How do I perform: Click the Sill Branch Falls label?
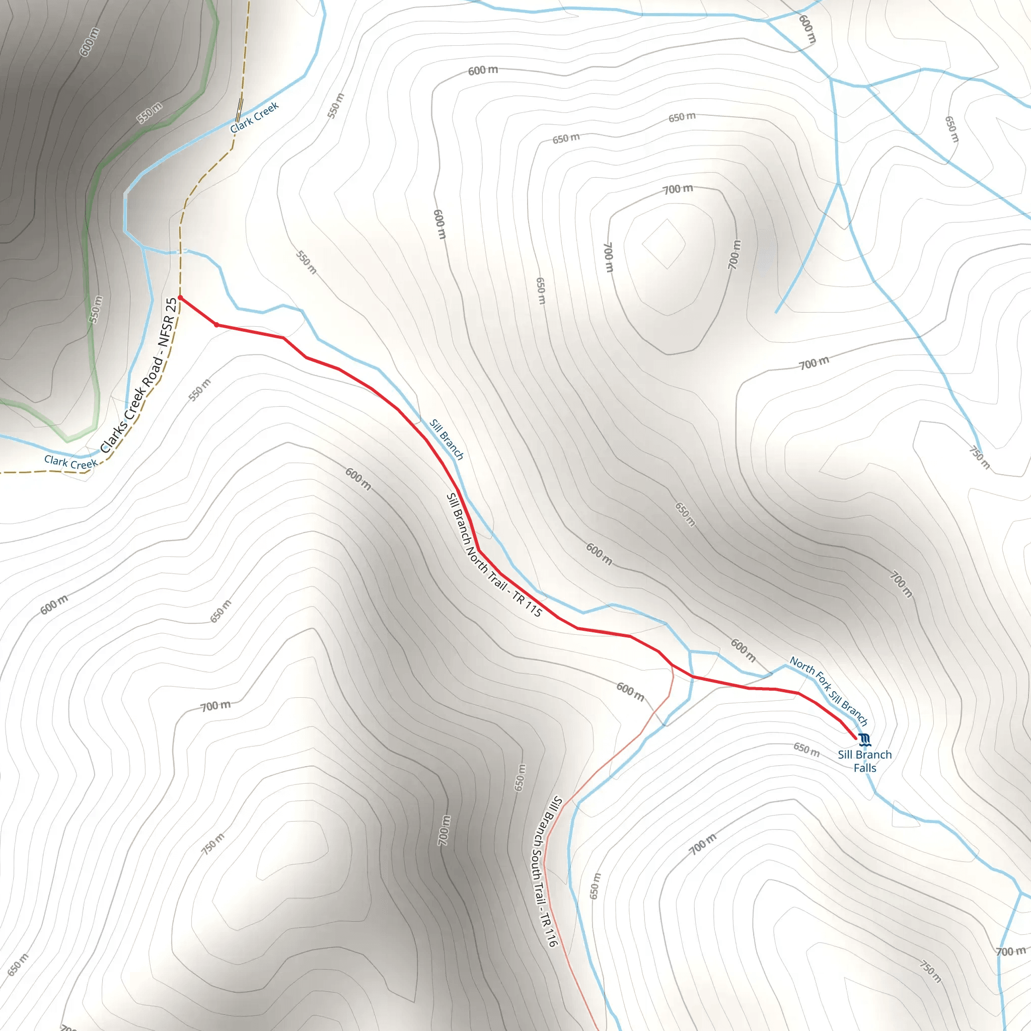864,761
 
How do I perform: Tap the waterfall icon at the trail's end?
865,739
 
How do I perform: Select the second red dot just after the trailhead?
216,325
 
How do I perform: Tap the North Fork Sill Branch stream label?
829,691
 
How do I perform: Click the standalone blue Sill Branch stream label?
447,439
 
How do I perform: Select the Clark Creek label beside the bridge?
254,117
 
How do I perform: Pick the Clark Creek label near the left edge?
70,462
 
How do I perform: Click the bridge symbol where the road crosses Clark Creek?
239,110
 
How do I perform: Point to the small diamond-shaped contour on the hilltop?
664,244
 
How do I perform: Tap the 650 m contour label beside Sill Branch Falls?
806,749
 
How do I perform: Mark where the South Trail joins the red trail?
672,665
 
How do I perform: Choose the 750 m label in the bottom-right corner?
930,971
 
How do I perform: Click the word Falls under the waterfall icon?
864,768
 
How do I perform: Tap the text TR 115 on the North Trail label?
527,603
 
